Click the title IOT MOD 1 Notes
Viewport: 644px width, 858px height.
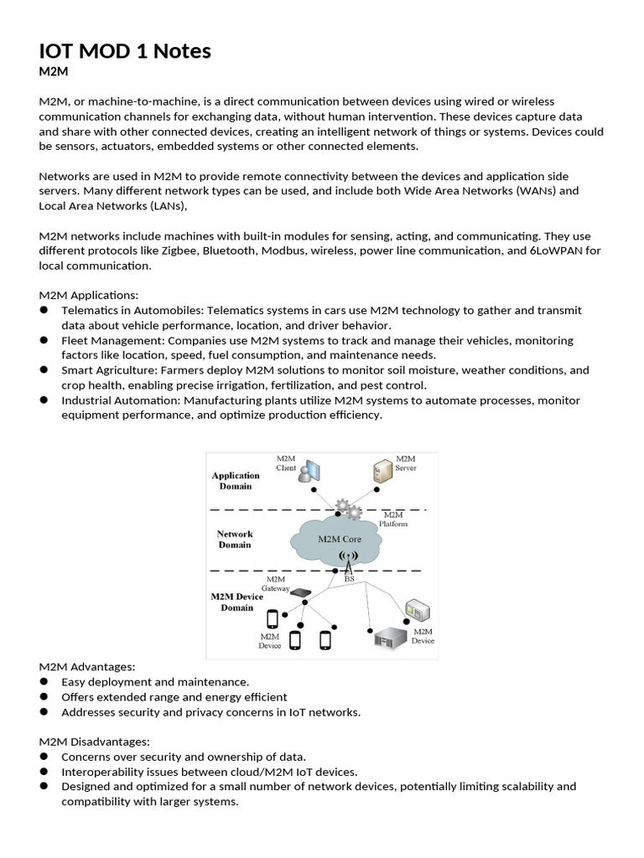pos(125,52)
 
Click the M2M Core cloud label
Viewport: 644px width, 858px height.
pos(340,540)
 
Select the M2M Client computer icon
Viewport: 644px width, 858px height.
pos(309,473)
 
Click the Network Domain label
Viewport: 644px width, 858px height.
pos(235,539)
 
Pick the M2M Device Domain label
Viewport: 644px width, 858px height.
pos(236,602)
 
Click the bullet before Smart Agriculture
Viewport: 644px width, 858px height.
pos(44,370)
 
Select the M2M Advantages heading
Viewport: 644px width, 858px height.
pos(86,667)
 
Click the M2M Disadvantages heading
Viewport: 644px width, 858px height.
pos(94,742)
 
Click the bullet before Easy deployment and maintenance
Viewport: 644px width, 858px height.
pos(44,682)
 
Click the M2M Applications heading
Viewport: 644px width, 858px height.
pos(89,295)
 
